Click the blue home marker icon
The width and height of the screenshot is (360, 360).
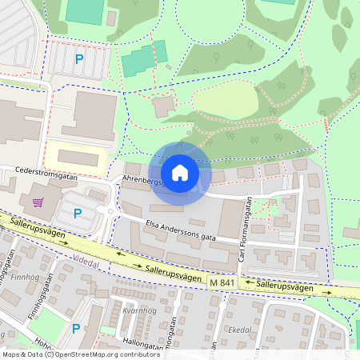(180, 172)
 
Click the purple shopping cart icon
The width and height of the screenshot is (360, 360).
(37, 202)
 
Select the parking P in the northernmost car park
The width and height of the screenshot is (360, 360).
(78, 58)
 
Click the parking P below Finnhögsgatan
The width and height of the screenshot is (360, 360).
(76, 328)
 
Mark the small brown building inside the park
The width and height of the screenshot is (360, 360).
(164, 106)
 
